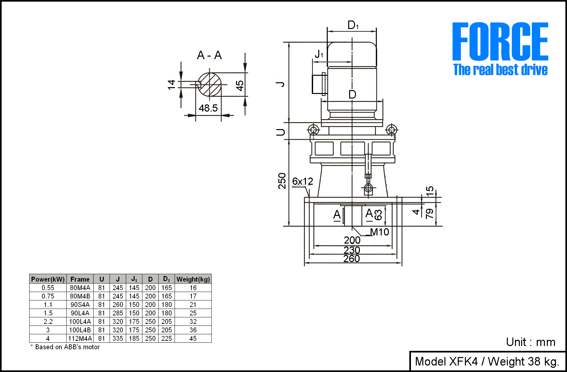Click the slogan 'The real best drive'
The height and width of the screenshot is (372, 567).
(x=500, y=70)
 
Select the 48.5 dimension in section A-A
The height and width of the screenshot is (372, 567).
(x=208, y=108)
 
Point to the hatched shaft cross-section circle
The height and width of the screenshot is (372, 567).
(x=210, y=85)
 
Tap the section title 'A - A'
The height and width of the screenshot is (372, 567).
(x=209, y=55)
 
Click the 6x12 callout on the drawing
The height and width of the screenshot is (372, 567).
(x=302, y=181)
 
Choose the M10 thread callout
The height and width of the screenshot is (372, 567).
(x=379, y=232)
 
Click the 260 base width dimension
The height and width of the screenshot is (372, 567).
(x=351, y=259)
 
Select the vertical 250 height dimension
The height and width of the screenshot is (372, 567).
(x=282, y=181)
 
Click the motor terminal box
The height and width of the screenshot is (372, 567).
(x=319, y=84)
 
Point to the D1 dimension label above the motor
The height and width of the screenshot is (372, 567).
(x=353, y=25)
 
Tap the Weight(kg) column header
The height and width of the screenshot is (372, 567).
(x=193, y=279)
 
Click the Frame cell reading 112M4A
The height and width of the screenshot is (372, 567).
(x=80, y=339)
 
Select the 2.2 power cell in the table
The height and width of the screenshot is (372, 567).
(x=48, y=322)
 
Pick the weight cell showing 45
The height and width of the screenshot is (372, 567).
(x=193, y=339)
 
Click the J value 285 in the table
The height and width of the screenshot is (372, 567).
(x=118, y=313)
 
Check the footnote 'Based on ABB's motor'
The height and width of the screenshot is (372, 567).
(x=67, y=347)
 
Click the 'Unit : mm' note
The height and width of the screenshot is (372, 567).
(x=530, y=342)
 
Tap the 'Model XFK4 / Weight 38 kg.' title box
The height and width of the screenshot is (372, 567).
(x=487, y=361)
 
